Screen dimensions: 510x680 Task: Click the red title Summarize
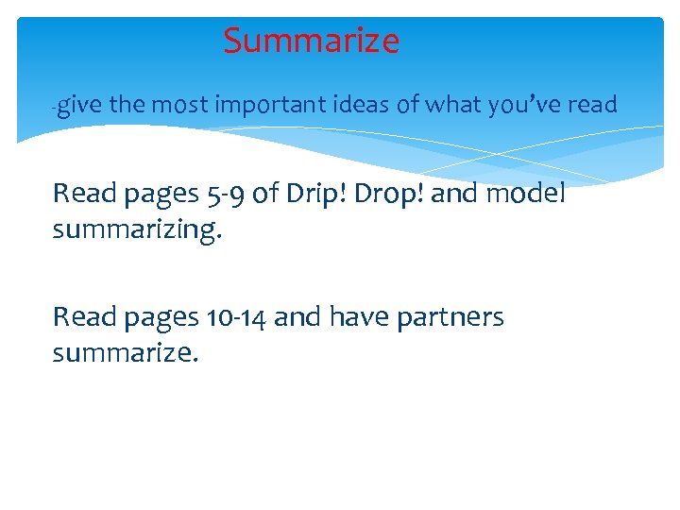(x=311, y=42)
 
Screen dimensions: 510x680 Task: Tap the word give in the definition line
(x=82, y=106)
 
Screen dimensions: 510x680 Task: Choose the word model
(x=525, y=194)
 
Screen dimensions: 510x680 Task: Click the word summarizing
(x=137, y=229)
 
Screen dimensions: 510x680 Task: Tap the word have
(x=358, y=317)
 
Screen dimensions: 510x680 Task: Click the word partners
(x=452, y=318)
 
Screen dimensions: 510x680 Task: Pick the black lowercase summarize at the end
(x=126, y=352)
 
